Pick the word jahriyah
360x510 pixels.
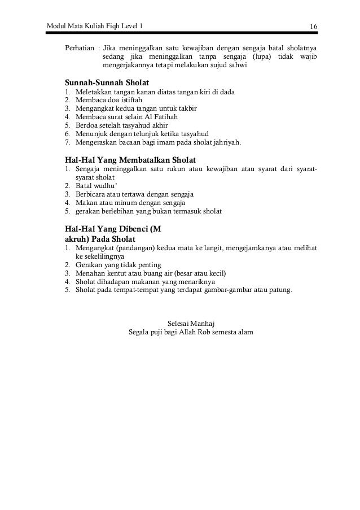tap(225, 143)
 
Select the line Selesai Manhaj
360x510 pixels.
tap(191, 322)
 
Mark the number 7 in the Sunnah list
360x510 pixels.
tap(67, 143)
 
